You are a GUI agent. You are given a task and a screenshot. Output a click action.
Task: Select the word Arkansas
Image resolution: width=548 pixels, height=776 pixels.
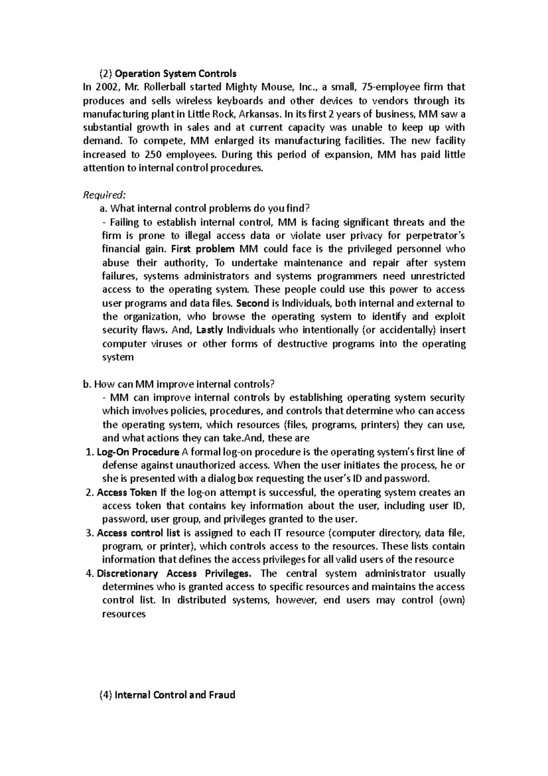[x=257, y=114]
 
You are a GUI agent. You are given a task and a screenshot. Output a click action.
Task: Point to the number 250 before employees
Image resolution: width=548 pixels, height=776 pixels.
[x=151, y=154]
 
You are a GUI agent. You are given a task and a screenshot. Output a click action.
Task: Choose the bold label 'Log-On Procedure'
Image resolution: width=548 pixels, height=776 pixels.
[x=138, y=452]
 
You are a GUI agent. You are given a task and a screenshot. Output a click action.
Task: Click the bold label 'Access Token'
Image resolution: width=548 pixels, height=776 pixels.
[x=127, y=493]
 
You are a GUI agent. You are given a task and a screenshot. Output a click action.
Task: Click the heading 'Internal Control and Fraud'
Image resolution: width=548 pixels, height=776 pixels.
[x=175, y=695]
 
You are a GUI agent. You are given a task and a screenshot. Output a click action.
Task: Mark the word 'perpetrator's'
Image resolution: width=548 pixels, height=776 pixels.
[x=435, y=236]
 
